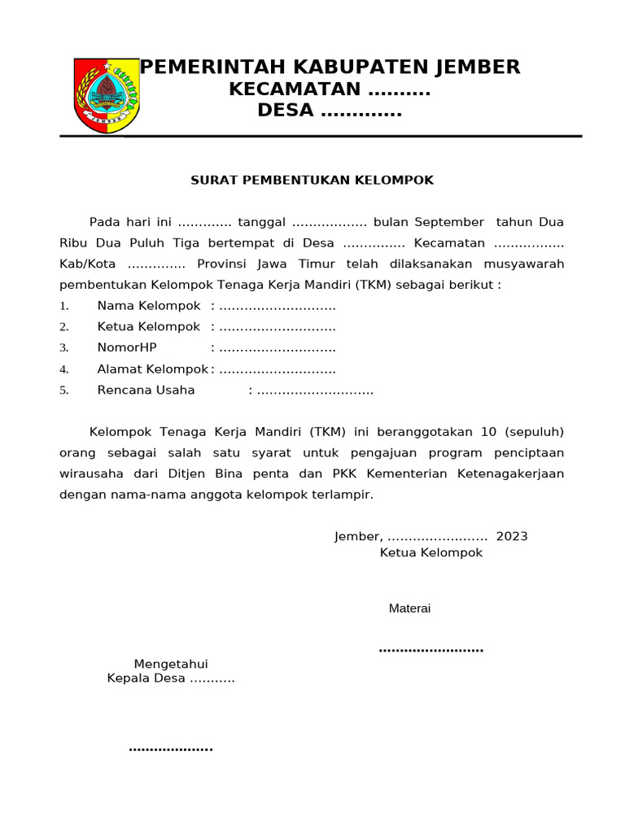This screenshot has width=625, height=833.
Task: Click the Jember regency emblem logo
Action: coord(107,95)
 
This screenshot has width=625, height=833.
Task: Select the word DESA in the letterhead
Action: coord(285,110)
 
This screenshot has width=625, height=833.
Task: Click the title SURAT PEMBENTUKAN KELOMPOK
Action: coord(312,180)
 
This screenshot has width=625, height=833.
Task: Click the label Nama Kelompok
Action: coord(149,306)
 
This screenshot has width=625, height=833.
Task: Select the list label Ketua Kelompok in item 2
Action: coord(149,327)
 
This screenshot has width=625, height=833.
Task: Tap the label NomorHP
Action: coord(127,348)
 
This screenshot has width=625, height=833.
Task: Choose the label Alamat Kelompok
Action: coord(153,369)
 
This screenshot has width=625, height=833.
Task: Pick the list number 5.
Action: coord(63,390)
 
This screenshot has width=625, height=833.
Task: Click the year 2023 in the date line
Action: coord(511,536)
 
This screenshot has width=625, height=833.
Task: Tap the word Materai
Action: coord(409,608)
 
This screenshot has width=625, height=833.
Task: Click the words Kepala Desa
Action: coord(146,678)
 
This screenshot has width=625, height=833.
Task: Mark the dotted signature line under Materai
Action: coord(431,649)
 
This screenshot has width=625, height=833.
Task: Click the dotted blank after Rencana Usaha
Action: coord(315,391)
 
